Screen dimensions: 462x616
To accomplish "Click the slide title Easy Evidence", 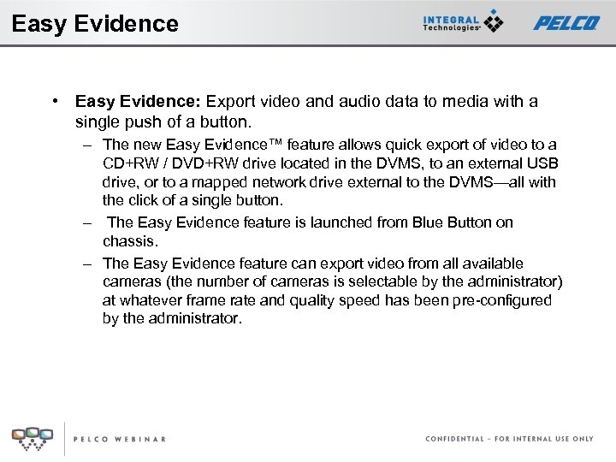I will click(x=95, y=23).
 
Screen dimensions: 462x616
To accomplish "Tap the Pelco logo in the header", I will click(x=566, y=23).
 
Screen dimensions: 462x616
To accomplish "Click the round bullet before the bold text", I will click(x=54, y=101).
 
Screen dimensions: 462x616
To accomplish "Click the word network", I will click(x=274, y=182).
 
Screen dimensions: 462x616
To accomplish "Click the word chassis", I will click(x=130, y=241).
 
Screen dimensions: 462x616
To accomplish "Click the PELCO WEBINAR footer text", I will click(x=120, y=439).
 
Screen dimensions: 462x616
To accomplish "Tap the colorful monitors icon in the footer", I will click(x=33, y=437).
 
